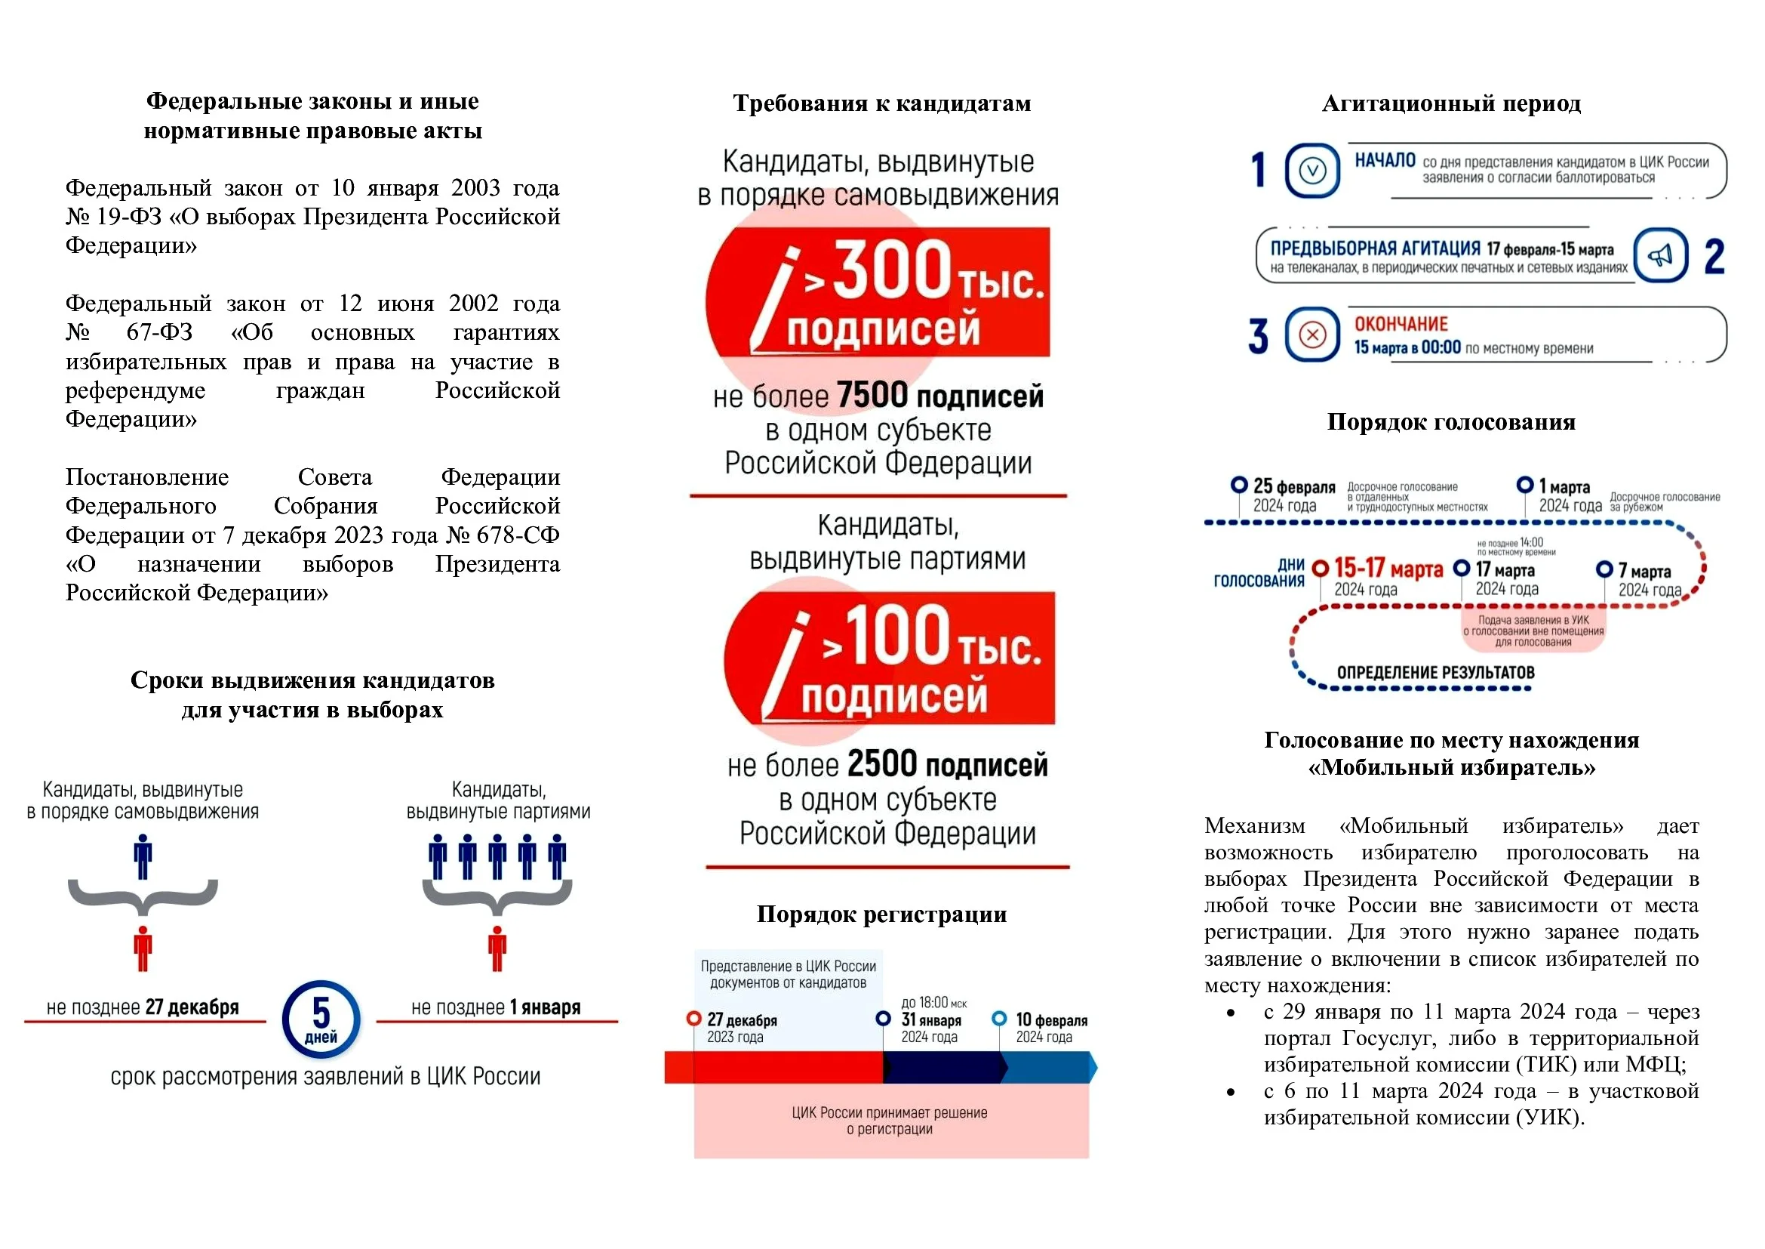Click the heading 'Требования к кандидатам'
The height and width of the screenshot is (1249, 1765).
(881, 103)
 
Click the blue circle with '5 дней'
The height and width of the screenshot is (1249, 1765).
(321, 1019)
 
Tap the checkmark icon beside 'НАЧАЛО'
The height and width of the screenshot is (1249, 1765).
(1311, 171)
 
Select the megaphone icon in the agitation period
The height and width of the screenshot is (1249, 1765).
(1660, 256)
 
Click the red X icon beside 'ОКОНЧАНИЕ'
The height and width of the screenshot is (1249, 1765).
(1311, 335)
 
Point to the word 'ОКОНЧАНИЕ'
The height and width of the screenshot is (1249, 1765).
(1401, 324)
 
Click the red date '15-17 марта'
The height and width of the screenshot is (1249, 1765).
(1388, 569)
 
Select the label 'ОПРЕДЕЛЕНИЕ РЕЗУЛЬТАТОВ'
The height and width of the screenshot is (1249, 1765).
(1435, 673)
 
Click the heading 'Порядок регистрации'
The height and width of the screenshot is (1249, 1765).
(881, 914)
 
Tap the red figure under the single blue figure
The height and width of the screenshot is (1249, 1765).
(143, 948)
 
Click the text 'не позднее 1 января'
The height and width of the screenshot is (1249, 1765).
(496, 1007)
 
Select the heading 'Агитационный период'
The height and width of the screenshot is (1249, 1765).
(1451, 103)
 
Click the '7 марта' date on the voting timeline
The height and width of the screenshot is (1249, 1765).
(1644, 572)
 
